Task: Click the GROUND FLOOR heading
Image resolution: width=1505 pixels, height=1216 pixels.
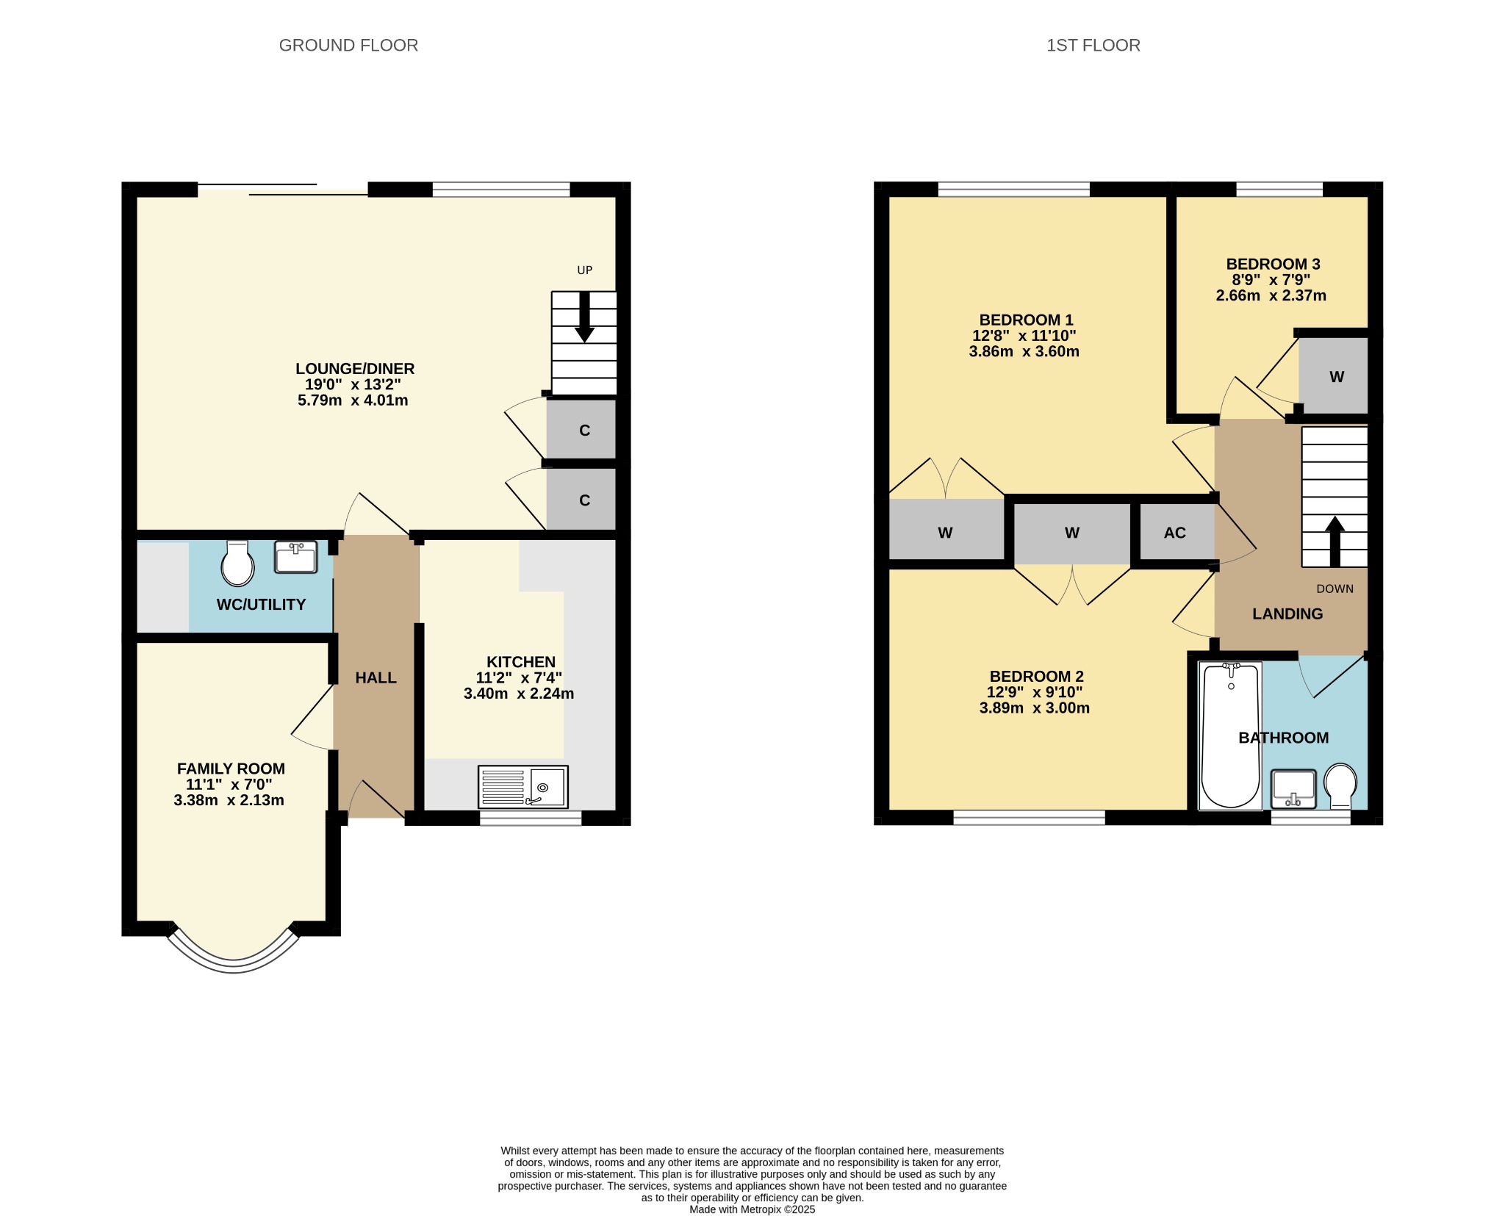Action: [x=348, y=46]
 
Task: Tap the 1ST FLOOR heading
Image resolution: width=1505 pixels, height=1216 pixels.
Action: [x=1093, y=46]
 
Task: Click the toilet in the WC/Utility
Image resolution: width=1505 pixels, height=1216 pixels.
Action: [x=237, y=564]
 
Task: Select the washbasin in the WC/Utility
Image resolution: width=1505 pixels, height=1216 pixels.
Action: [x=295, y=557]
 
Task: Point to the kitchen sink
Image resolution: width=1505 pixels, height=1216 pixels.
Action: [x=523, y=787]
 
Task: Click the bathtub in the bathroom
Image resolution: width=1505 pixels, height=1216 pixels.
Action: [x=1230, y=735]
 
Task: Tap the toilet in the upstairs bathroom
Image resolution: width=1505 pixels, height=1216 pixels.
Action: [x=1340, y=785]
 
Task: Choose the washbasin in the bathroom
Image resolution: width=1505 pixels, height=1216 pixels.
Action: [x=1293, y=788]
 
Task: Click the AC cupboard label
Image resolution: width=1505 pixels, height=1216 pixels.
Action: [x=1175, y=533]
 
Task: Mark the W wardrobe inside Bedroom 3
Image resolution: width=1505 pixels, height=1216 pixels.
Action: [x=1337, y=377]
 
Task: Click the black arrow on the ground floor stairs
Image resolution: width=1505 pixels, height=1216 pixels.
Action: [x=584, y=317]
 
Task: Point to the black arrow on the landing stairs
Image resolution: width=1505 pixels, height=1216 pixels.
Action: [x=1335, y=541]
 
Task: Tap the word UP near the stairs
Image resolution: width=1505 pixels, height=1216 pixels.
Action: [x=584, y=270]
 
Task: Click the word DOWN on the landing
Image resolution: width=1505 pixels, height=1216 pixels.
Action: [x=1335, y=589]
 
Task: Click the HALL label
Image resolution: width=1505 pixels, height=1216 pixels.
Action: [x=376, y=678]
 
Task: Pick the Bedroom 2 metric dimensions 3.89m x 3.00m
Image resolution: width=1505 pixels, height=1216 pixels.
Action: [x=1035, y=708]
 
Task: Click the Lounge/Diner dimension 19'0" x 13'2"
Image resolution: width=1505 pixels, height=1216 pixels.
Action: [x=353, y=384]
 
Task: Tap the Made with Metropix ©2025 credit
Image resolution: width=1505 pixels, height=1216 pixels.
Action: [x=752, y=1209]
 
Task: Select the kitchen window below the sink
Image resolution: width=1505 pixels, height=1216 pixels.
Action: [x=531, y=818]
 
